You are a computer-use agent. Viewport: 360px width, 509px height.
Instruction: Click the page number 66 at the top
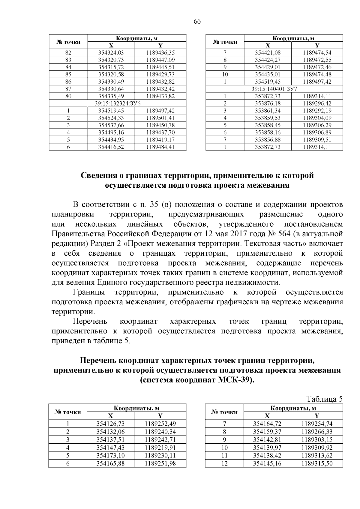197,21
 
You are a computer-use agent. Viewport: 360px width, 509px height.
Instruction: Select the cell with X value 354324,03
111,52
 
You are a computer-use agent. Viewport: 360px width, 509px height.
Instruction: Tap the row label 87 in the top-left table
68,89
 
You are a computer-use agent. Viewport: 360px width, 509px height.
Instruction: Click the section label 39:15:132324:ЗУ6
118,103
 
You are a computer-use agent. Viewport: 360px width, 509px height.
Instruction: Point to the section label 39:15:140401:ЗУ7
274,89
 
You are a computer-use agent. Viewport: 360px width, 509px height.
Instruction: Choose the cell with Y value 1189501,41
160,118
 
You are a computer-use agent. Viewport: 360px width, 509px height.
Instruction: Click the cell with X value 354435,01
268,74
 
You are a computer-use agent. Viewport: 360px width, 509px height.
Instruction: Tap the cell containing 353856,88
268,140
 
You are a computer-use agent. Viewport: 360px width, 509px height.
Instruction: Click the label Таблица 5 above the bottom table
324,399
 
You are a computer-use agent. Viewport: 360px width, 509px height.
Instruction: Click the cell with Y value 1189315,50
317,463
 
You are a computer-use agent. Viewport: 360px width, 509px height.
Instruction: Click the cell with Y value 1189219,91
160,448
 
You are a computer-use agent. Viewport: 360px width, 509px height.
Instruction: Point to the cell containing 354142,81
268,440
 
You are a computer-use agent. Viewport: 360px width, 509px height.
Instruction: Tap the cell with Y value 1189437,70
160,132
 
